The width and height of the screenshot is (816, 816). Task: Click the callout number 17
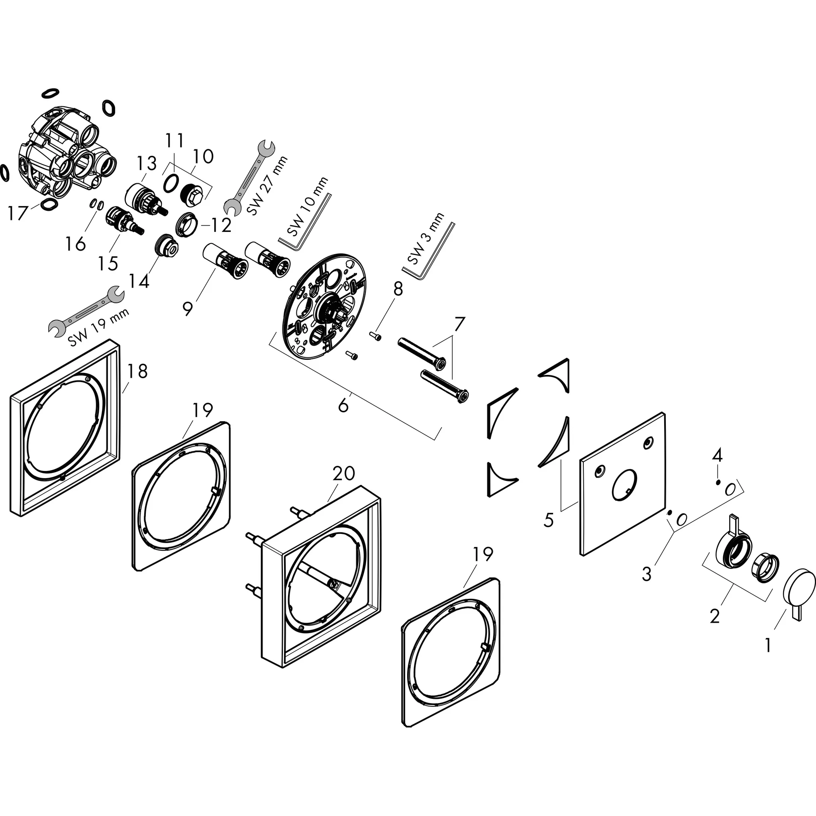[x=17, y=213]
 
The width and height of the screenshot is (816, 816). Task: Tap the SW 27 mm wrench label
[x=267, y=186]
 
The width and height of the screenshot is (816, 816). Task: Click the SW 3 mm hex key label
[x=426, y=239]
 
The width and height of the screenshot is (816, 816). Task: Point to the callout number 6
[x=343, y=406]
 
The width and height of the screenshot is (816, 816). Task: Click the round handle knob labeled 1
[x=798, y=589]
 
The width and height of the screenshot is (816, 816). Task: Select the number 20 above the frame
[x=343, y=473]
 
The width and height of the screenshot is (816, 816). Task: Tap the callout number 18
[x=137, y=371]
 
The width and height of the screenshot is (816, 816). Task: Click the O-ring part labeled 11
[x=170, y=184]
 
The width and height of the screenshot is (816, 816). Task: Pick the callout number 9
[x=188, y=308]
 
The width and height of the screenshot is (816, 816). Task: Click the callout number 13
[x=146, y=164]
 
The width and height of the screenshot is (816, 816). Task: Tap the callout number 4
[x=717, y=455]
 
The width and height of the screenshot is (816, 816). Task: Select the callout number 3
[x=647, y=574]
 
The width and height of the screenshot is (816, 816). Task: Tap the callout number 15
[x=108, y=263]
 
